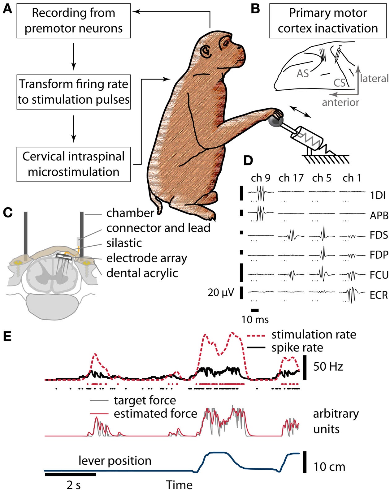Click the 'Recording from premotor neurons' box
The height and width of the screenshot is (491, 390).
[73, 21]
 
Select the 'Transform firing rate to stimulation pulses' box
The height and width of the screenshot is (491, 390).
[73, 92]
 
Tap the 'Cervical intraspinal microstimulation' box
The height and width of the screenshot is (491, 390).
[73, 164]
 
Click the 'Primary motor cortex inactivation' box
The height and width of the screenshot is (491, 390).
[328, 21]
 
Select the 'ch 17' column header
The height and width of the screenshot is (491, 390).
[291, 178]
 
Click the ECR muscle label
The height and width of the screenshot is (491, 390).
[379, 295]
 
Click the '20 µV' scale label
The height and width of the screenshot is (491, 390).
[220, 292]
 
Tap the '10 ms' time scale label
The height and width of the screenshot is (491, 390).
[255, 319]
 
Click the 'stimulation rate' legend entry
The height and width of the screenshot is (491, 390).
[314, 334]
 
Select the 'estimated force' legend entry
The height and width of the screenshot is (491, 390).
[155, 413]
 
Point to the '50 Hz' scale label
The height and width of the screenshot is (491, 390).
[328, 367]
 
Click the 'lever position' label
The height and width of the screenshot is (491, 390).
[115, 461]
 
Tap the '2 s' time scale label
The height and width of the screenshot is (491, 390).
[73, 485]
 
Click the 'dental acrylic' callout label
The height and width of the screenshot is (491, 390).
[142, 273]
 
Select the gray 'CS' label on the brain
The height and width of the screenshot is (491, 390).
[340, 83]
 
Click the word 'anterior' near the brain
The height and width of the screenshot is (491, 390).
[340, 102]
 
